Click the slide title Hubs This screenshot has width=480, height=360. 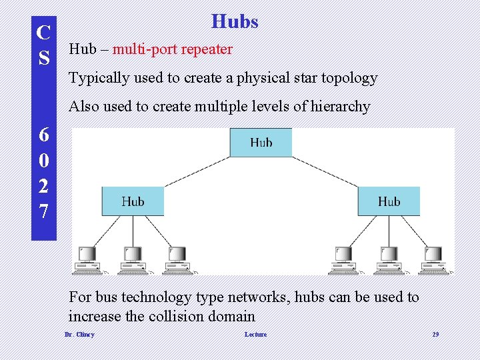235,22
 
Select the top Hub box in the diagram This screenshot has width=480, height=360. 261,142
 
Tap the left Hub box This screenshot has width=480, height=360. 133,201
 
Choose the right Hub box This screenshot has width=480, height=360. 389,201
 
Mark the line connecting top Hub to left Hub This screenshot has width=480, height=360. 197,171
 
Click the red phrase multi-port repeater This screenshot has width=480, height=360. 173,49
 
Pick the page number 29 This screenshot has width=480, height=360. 435,335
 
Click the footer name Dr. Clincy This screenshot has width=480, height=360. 79,335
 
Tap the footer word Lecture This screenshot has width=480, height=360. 255,335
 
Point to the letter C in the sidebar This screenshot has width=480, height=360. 44,32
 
